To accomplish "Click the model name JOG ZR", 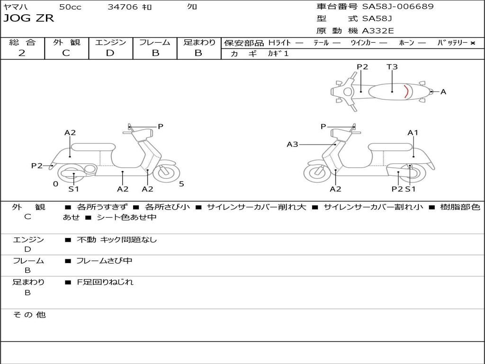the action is coord(28,18).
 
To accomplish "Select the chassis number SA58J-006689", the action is coord(397,7).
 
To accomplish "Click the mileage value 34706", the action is coord(122,7).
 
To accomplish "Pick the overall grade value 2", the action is coord(22,53).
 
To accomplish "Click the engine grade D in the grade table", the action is coord(110,53).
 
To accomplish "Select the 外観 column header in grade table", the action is coord(66,43).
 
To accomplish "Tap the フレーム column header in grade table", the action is coord(155,43).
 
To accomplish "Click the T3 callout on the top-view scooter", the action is coord(392,67).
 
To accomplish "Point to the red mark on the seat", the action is coord(406,91).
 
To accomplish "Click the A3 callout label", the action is coord(292,144).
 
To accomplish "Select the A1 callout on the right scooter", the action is coord(413,133).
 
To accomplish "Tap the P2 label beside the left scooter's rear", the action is coord(37,165).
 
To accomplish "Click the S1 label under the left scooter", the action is coord(73,189).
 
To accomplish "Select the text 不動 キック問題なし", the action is coord(117,240).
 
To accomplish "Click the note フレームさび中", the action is coord(104,261).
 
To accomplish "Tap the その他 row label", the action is coord(29,315).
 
